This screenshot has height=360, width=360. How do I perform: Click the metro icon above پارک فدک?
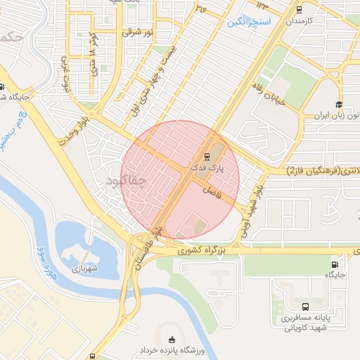click(206, 157)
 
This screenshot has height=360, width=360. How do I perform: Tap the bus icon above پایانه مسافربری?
click(306, 307)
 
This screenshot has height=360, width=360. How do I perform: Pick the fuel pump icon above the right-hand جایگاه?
click(332, 264)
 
